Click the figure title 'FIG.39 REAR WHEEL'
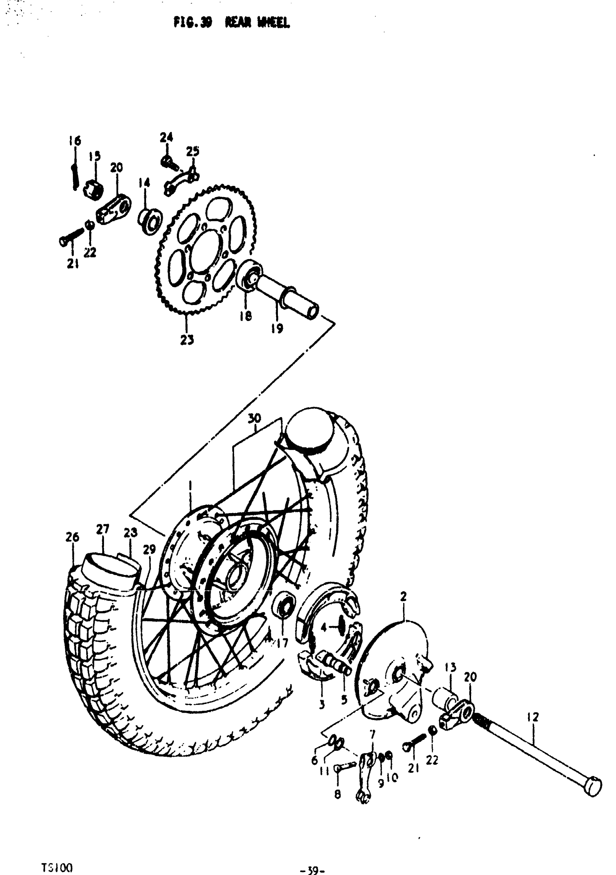(x=232, y=23)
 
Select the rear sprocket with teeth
(x=206, y=251)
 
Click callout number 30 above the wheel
(x=254, y=418)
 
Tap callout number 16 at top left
(x=75, y=141)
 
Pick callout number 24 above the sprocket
(x=166, y=137)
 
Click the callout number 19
(x=277, y=329)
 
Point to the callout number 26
(x=72, y=537)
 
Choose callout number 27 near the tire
(x=103, y=529)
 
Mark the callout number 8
(x=337, y=795)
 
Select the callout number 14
(x=144, y=183)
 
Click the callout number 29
(x=149, y=549)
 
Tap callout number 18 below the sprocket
(x=246, y=316)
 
